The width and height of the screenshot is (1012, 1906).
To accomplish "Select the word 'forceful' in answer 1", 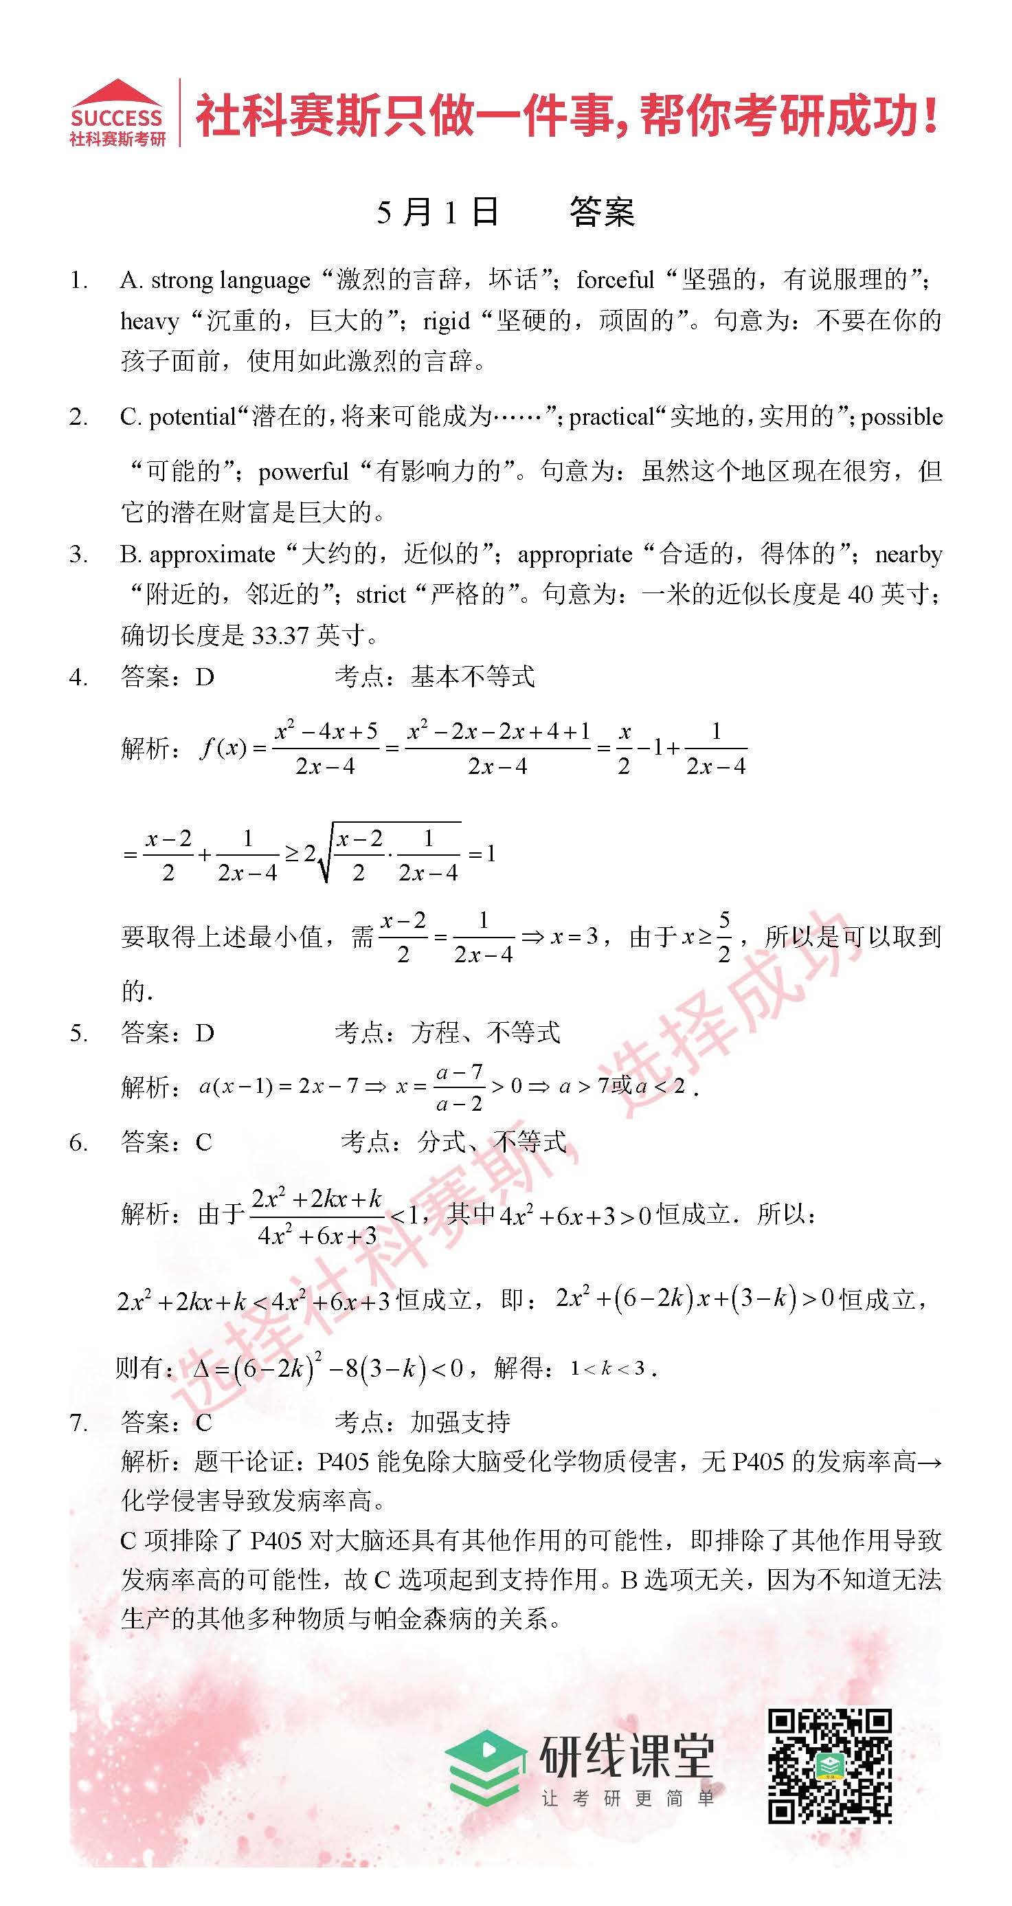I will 615,280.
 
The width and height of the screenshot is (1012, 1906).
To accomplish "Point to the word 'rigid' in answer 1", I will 446,321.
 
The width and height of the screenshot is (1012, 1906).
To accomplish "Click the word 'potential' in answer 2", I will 192,417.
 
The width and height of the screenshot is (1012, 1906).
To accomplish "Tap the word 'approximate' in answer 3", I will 212,555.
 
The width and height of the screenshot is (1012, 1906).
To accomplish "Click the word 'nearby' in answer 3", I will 908,555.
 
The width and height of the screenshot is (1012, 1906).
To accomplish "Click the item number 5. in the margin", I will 78,1033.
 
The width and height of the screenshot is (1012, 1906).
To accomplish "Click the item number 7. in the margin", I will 78,1422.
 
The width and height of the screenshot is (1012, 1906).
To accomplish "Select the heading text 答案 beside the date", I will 601,212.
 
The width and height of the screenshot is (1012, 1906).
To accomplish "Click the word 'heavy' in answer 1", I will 150,321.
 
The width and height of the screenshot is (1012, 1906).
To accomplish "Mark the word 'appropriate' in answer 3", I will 575,555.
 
